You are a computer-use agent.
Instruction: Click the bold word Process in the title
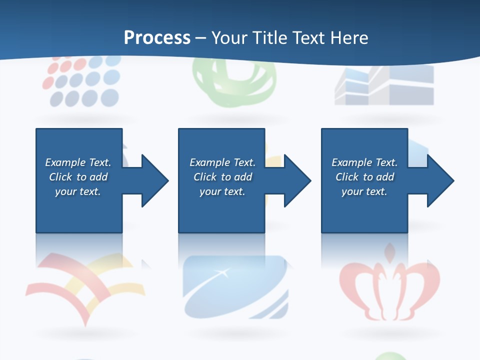click(x=157, y=38)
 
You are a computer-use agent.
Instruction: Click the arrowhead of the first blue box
click(x=154, y=180)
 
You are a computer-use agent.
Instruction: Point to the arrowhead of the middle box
click(x=296, y=180)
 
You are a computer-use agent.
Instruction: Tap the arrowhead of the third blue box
click(x=439, y=180)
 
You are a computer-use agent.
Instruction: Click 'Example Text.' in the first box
click(x=78, y=162)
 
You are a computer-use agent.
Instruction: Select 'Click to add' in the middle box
click(x=222, y=177)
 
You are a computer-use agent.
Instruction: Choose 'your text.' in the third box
click(x=364, y=191)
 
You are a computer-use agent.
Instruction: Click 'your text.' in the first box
click(x=78, y=191)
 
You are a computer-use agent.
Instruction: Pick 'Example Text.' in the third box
click(x=364, y=162)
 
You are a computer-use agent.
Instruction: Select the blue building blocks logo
click(x=384, y=85)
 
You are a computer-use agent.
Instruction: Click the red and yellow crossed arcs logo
click(x=80, y=285)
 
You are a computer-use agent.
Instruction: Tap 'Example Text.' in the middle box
click(x=222, y=162)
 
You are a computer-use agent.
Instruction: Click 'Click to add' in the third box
click(x=364, y=177)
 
